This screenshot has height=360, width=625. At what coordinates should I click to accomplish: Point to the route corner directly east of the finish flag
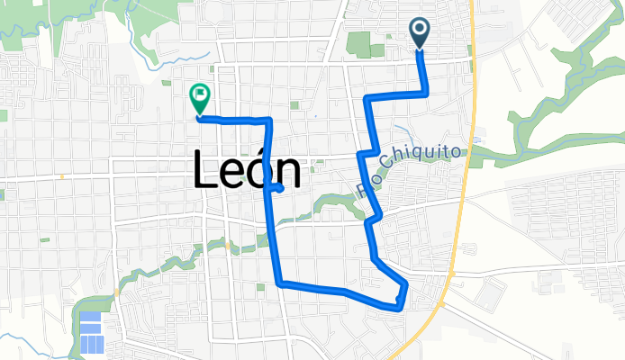[269, 120]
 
